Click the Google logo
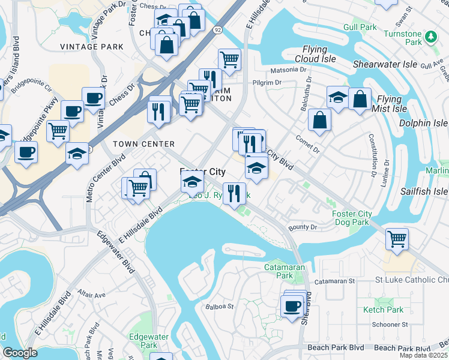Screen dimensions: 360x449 tap(19, 353)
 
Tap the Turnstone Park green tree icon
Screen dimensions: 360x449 tap(430, 37)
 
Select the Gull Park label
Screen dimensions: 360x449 tap(360, 28)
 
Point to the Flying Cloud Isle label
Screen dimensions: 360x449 tap(311, 54)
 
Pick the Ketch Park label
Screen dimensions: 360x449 tap(383, 310)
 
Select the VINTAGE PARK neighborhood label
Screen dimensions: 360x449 tap(92, 47)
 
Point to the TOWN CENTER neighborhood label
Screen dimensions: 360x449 tap(144, 144)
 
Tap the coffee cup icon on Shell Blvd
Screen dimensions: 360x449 tap(292, 306)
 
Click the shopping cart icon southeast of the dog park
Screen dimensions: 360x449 tap(397, 239)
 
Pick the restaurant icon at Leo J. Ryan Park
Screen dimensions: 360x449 tap(234, 193)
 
